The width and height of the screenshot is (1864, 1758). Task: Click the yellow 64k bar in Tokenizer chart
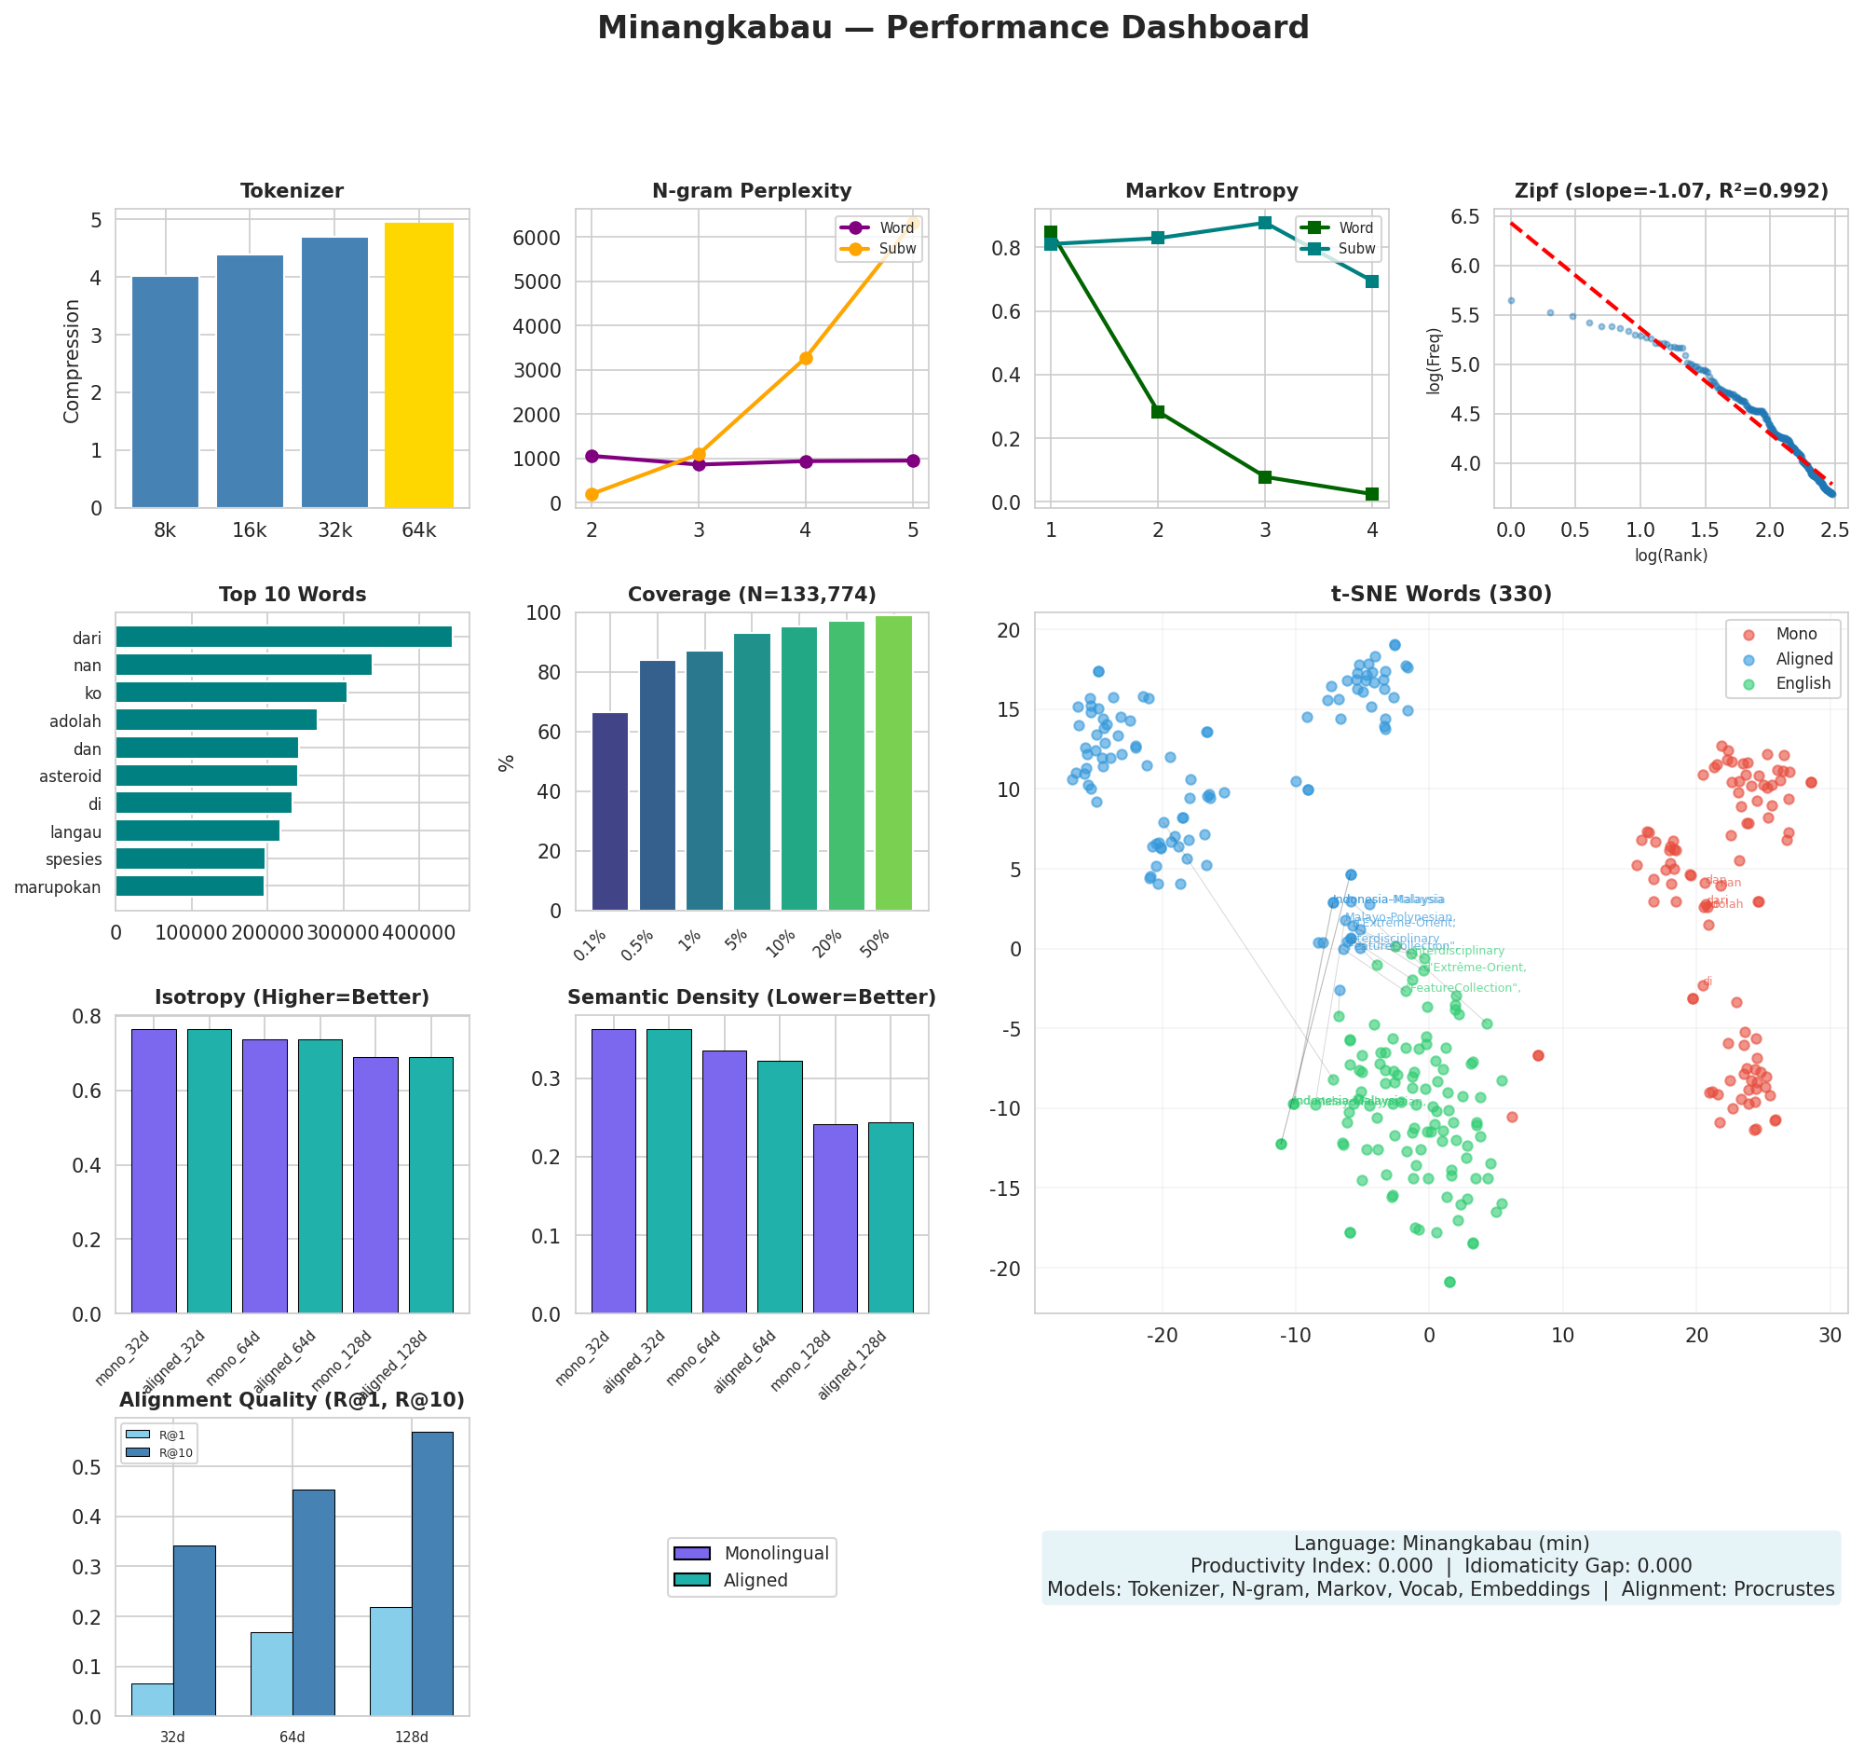click(418, 365)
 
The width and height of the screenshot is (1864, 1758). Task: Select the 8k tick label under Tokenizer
click(165, 531)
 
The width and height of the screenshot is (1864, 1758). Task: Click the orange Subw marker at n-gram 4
click(806, 358)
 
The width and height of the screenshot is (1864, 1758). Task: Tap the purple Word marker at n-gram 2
click(592, 456)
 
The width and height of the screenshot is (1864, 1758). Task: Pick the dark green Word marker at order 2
click(1158, 412)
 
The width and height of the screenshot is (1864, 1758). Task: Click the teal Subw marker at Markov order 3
click(1265, 223)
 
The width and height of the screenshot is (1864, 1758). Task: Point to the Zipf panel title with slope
click(1671, 191)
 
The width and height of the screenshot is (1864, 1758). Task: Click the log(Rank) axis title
click(1671, 556)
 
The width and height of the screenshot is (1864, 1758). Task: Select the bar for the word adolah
click(216, 721)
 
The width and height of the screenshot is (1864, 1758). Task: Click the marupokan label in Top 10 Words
click(57, 887)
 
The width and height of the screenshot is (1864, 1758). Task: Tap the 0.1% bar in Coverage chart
click(610, 812)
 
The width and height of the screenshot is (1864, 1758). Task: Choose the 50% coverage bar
click(893, 762)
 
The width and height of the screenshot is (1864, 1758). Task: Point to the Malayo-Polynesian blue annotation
click(1398, 917)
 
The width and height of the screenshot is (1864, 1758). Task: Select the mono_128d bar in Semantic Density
click(835, 1218)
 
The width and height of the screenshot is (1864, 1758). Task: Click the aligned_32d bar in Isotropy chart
click(209, 1171)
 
